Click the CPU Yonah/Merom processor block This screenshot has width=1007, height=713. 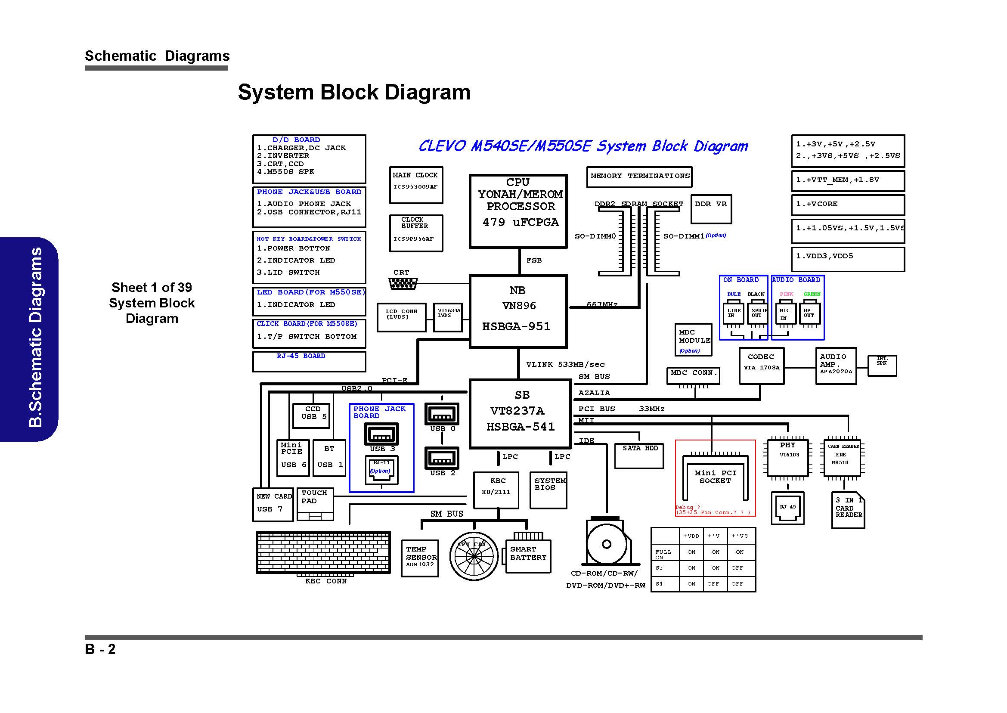click(x=518, y=211)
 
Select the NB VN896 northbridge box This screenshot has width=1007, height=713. click(x=518, y=311)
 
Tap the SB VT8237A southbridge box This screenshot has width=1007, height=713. click(x=520, y=414)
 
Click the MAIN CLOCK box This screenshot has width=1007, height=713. click(x=416, y=185)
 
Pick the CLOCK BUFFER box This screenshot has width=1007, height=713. click(x=416, y=232)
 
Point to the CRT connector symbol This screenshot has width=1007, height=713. click(x=403, y=284)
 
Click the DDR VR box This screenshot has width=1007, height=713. click(x=711, y=209)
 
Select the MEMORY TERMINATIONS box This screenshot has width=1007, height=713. click(x=639, y=177)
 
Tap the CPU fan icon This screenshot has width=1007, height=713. click(x=474, y=556)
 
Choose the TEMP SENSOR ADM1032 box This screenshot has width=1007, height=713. click(x=420, y=558)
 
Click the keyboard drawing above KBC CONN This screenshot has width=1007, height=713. click(x=323, y=552)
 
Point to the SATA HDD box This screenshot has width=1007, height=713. click(x=639, y=455)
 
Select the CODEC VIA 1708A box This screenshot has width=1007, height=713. click(x=761, y=366)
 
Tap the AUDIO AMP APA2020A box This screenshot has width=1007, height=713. click(x=835, y=366)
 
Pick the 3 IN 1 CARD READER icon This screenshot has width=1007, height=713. click(x=848, y=509)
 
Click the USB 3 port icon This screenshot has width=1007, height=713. click(x=381, y=434)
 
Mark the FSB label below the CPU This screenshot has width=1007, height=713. click(x=534, y=260)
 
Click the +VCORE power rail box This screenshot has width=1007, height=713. click(x=847, y=205)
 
